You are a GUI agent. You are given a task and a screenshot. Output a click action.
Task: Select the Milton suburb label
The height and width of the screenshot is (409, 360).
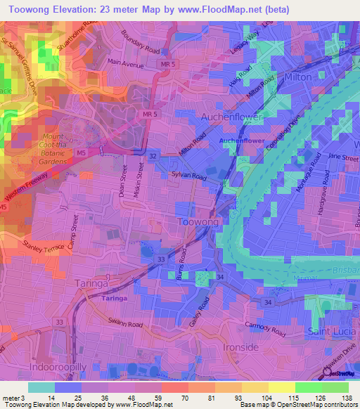coord(298,77)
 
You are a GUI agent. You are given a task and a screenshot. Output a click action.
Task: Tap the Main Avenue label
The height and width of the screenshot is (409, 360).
coord(125,62)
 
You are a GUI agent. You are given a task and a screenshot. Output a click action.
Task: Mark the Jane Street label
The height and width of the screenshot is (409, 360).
coord(343,157)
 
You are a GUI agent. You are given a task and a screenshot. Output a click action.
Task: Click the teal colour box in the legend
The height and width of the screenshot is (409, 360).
coord(41,387)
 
